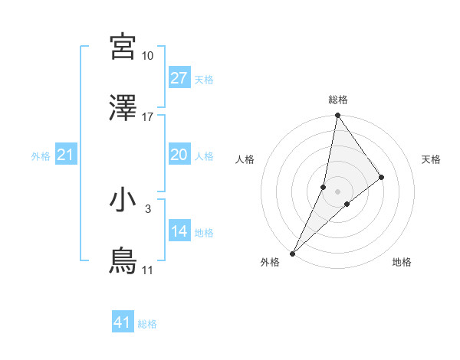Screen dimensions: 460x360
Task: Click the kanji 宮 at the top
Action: (x=123, y=47)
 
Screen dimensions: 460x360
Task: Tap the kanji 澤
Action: (x=123, y=109)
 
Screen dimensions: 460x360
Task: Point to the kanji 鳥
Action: (x=123, y=261)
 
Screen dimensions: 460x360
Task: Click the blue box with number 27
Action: (x=179, y=78)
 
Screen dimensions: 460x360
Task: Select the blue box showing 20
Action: (x=179, y=155)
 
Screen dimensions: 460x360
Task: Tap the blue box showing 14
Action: (x=179, y=231)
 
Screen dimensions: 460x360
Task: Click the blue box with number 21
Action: (x=66, y=155)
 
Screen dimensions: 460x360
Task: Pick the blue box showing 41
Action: (x=123, y=323)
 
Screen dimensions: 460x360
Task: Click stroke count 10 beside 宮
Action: (x=147, y=56)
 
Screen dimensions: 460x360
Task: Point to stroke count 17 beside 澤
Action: (x=147, y=117)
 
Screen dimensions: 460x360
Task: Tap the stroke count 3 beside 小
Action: (x=147, y=208)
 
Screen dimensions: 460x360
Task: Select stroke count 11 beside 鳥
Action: (x=147, y=270)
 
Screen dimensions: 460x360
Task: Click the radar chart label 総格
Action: (x=338, y=100)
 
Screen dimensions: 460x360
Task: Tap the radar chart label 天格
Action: (x=432, y=159)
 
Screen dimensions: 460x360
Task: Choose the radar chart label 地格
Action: (x=402, y=262)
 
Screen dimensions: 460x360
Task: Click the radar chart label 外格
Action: (x=270, y=262)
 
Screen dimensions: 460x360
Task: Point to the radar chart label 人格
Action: (x=245, y=159)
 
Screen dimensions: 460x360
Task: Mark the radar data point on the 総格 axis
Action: (x=338, y=116)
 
